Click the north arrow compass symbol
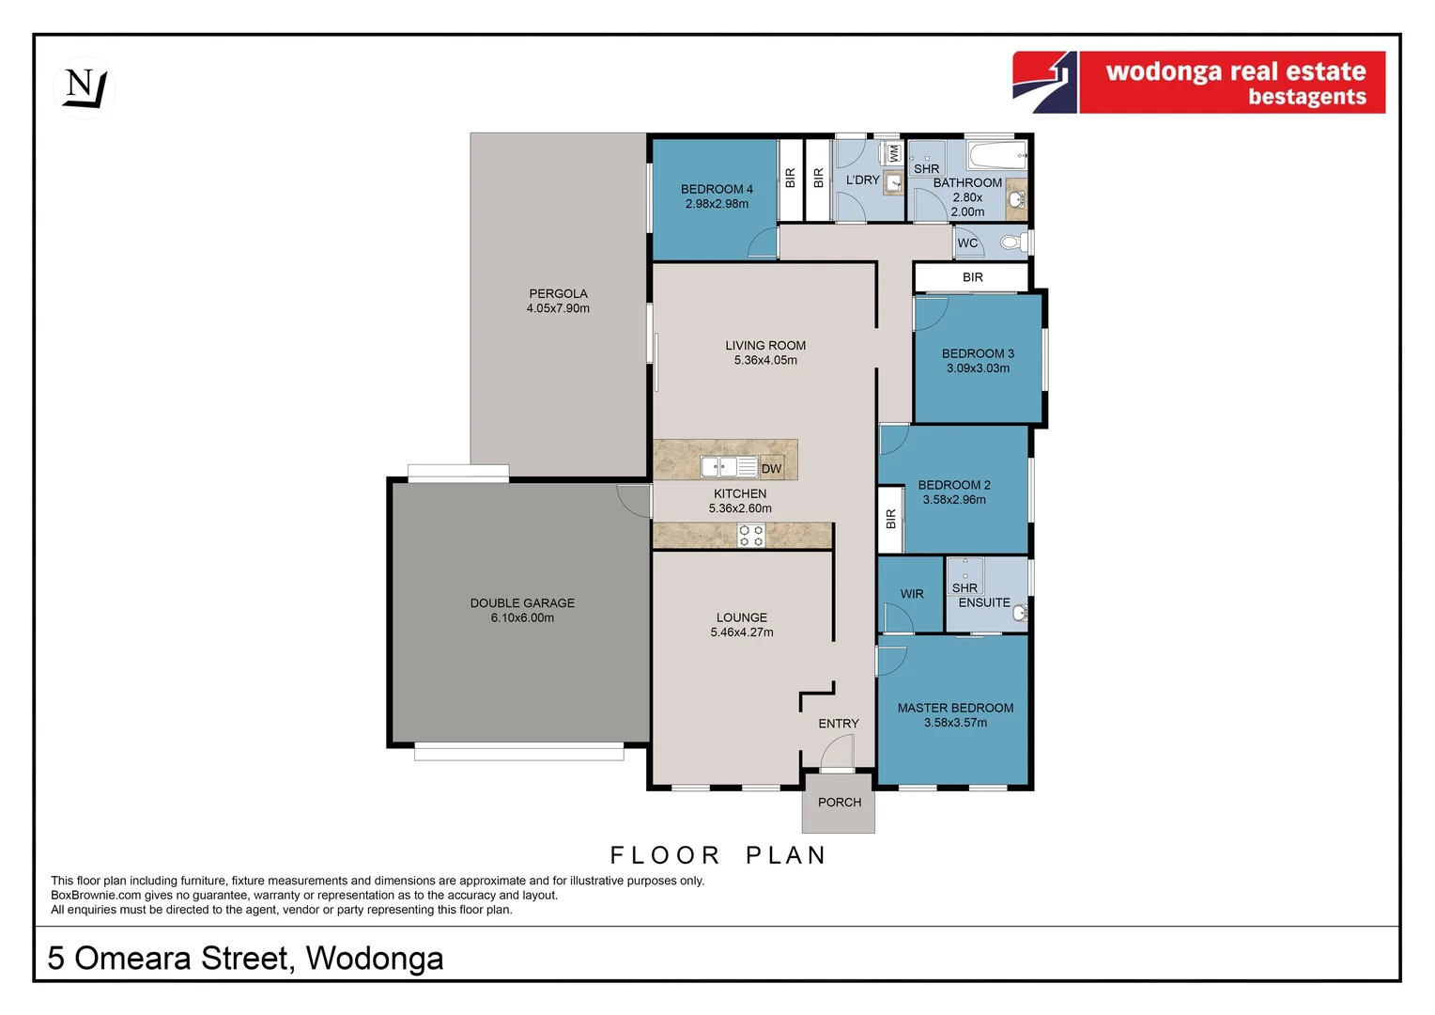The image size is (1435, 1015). pyautogui.click(x=85, y=87)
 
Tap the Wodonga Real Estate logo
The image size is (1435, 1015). pyautogui.click(x=1198, y=83)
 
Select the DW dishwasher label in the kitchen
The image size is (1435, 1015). pyautogui.click(x=771, y=468)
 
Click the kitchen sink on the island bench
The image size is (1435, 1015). pyautogui.click(x=729, y=466)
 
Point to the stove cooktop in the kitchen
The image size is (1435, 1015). pyautogui.click(x=750, y=536)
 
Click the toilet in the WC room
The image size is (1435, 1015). pyautogui.click(x=1011, y=242)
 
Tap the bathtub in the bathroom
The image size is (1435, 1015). pyautogui.click(x=996, y=155)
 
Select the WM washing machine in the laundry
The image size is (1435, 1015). pyautogui.click(x=894, y=152)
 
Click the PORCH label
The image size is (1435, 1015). pyautogui.click(x=839, y=802)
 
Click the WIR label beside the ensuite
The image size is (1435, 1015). pyautogui.click(x=911, y=594)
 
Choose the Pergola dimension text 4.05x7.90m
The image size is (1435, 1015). pyautogui.click(x=558, y=308)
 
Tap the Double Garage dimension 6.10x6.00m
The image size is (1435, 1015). pyautogui.click(x=522, y=617)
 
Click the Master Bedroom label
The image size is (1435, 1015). pyautogui.click(x=955, y=708)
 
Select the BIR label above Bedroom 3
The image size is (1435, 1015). pyautogui.click(x=972, y=277)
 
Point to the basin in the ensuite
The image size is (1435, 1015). pyautogui.click(x=1020, y=614)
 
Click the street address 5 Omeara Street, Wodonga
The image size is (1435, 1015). pyautogui.click(x=245, y=958)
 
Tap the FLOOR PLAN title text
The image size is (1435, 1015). pyautogui.click(x=718, y=855)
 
